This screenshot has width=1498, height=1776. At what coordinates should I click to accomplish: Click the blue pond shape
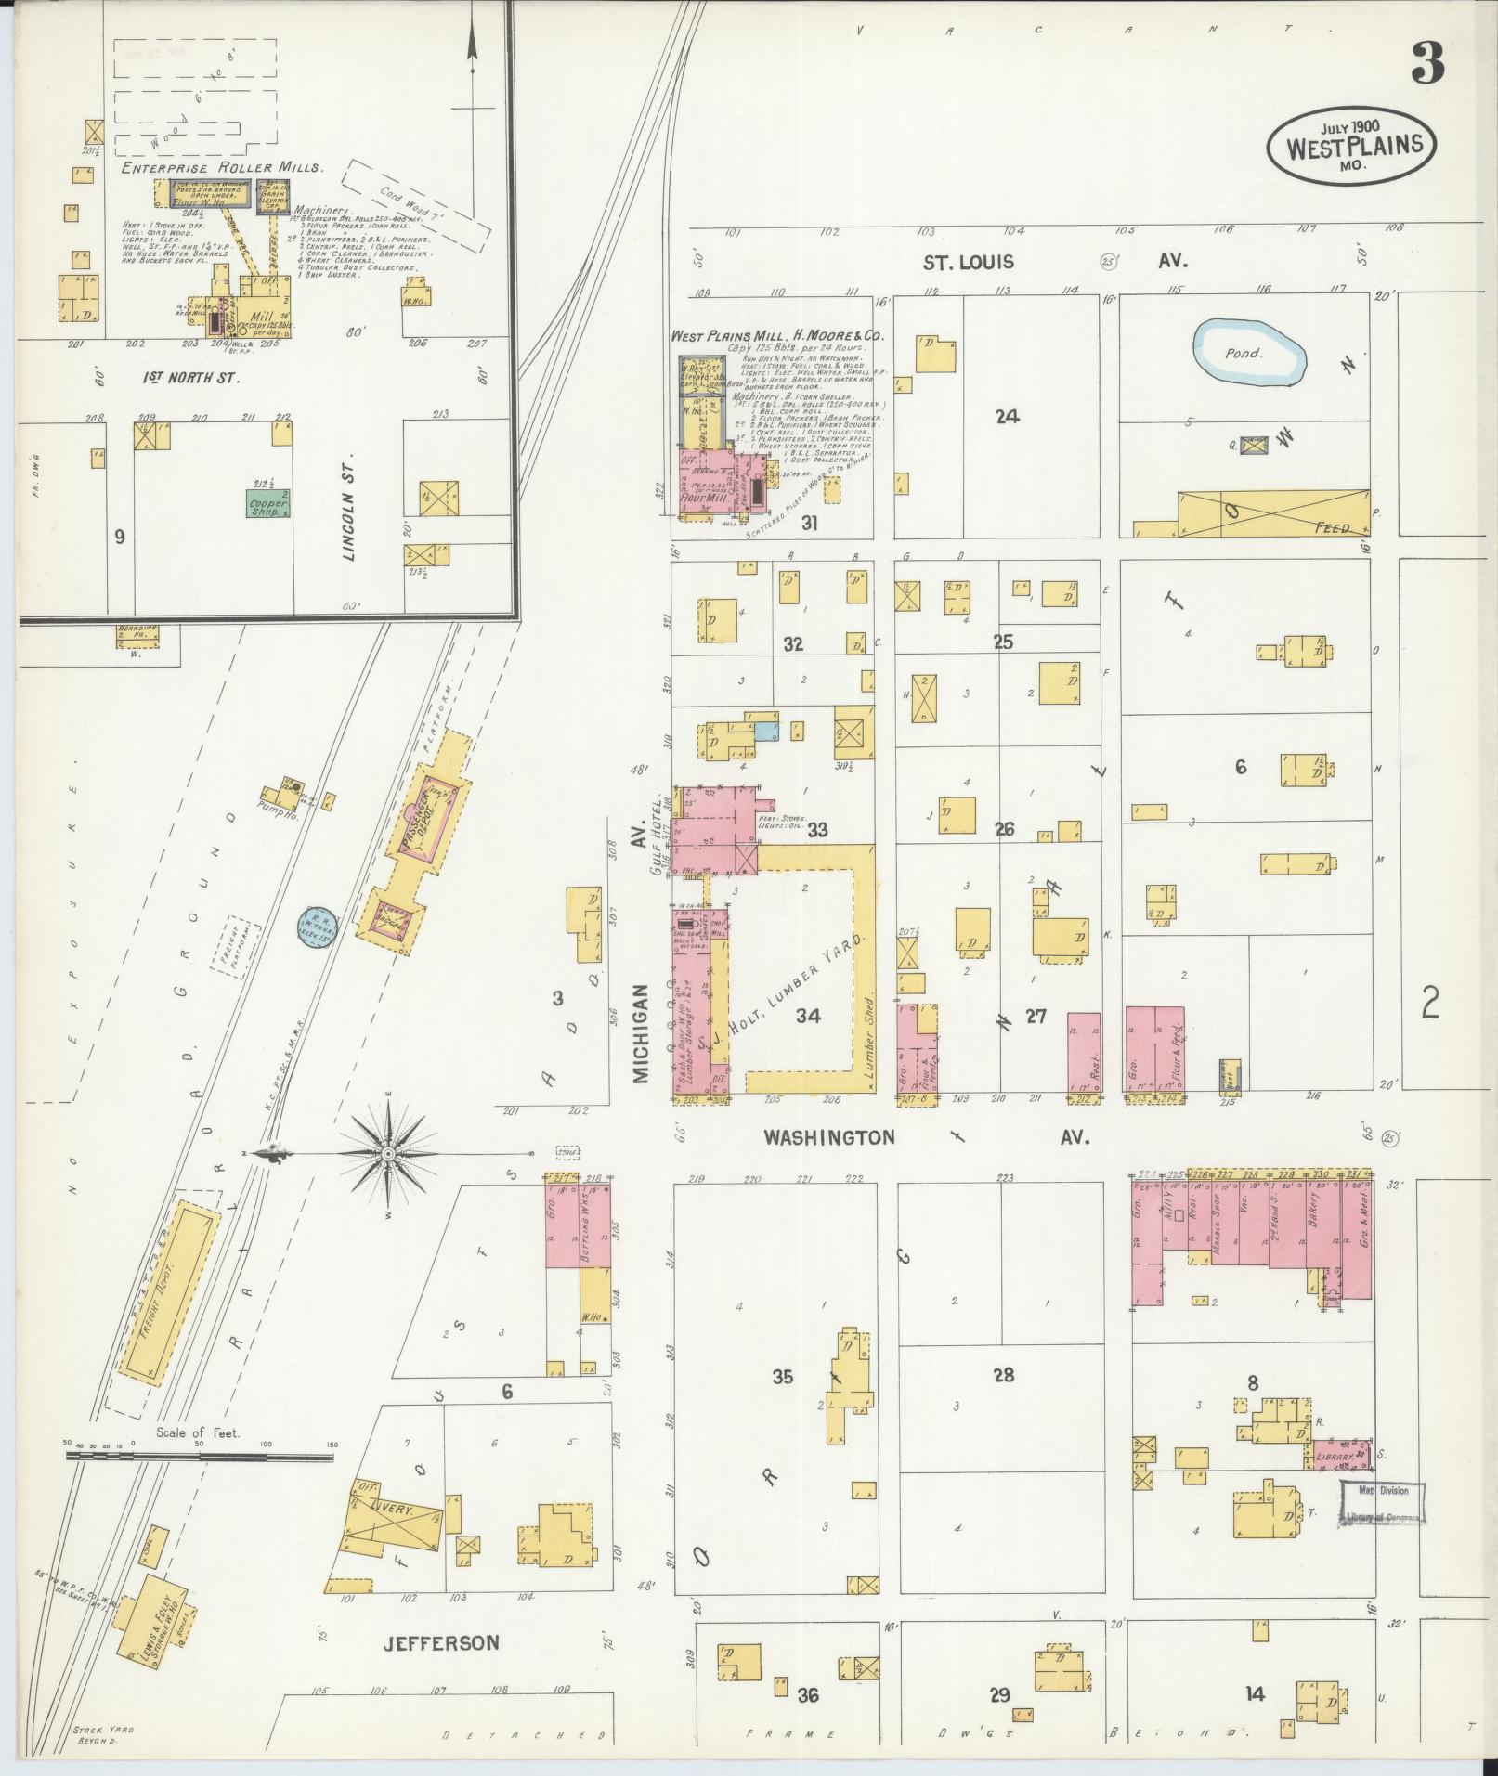1249,353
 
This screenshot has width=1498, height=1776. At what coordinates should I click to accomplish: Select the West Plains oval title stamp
1352,145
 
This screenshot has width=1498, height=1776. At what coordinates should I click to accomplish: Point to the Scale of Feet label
198,1458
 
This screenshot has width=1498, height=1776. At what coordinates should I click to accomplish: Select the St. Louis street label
968,263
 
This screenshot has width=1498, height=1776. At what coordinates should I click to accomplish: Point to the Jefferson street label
441,1642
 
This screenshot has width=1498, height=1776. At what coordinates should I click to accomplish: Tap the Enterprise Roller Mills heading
223,168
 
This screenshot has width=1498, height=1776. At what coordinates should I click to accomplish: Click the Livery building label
391,1510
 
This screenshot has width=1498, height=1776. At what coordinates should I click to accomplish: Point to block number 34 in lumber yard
808,1016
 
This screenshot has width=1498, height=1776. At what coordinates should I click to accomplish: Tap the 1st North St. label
191,378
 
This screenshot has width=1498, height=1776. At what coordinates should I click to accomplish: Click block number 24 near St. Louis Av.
1007,417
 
